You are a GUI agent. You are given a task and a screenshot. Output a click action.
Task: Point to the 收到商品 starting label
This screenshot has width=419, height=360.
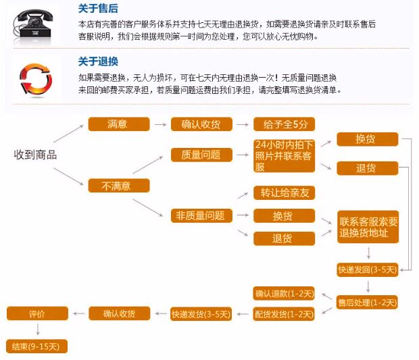tap(35, 155)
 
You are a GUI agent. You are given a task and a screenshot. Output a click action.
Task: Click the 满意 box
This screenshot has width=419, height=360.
tap(118, 124)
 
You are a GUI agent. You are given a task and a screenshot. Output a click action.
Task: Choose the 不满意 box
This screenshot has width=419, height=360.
tap(118, 185)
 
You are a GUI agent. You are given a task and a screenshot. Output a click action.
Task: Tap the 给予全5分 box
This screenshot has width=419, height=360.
tap(284, 124)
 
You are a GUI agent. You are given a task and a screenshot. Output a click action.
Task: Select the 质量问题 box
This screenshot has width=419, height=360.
tap(201, 155)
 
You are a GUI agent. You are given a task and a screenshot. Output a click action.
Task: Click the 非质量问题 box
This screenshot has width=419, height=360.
tap(201, 216)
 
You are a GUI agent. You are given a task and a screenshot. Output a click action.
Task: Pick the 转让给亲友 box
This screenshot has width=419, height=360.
tap(284, 193)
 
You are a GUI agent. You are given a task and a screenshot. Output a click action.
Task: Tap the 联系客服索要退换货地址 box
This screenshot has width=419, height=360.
tap(368, 227)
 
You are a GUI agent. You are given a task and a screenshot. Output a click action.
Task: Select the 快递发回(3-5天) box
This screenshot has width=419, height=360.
tap(368, 269)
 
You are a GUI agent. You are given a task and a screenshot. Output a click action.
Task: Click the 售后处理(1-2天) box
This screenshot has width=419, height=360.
tap(368, 302)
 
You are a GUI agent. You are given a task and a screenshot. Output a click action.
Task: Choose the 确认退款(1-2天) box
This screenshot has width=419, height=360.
tap(284, 293)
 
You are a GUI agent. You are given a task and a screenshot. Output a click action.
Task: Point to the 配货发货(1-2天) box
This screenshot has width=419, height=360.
tap(284, 314)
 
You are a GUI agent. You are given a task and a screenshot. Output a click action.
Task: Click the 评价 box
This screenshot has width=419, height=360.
tap(37, 314)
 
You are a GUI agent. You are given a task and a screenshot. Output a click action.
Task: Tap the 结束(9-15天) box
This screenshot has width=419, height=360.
tap(37, 346)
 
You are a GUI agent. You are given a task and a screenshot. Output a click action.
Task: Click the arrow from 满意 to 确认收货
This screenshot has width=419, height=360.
tap(159, 124)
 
